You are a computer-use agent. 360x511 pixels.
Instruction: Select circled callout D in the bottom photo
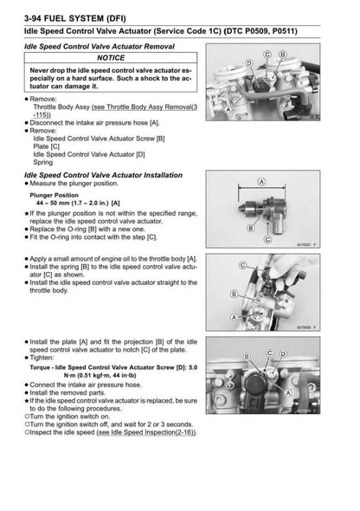point(282,353)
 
